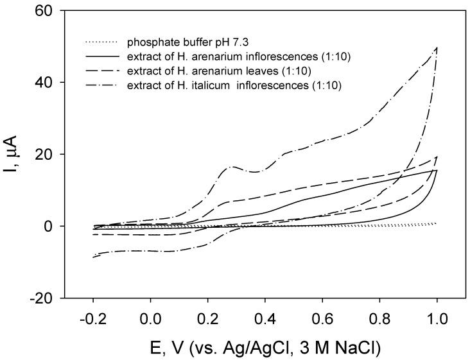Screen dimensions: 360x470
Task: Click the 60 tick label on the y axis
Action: (x=53, y=11)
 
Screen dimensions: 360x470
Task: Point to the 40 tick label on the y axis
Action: (x=53, y=83)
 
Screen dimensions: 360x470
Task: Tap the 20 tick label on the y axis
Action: (x=53, y=155)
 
